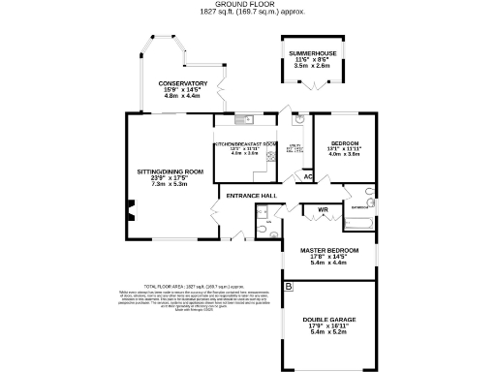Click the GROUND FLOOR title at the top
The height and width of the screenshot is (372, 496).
[x=246, y=5]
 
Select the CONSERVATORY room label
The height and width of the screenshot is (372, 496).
[x=184, y=83]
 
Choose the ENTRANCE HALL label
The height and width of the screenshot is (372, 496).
[x=251, y=197]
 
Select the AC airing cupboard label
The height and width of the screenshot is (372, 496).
[x=308, y=176]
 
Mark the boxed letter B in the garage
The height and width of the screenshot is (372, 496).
[x=289, y=288]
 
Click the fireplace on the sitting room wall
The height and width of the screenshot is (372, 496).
[x=129, y=207]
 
